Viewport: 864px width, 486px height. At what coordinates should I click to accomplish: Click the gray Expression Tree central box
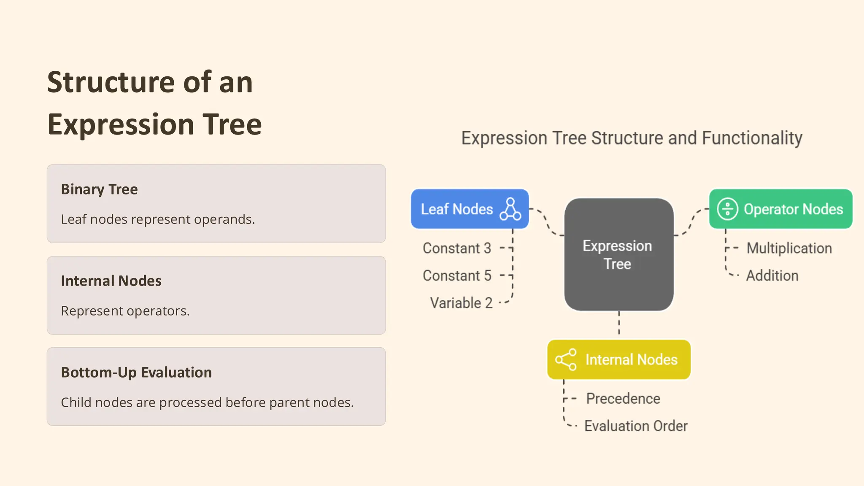618,254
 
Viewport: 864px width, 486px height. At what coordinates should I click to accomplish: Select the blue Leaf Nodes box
469,209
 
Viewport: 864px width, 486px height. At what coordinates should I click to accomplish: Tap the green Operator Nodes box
780,209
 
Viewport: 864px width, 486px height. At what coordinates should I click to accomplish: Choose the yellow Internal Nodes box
618,359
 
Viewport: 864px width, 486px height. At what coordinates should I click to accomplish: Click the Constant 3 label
457,248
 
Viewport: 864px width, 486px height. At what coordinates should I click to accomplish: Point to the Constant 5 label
457,275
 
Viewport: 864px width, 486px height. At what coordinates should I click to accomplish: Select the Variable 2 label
461,303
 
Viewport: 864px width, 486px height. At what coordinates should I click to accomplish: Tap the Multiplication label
789,248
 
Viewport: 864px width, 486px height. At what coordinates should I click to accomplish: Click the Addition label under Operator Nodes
772,275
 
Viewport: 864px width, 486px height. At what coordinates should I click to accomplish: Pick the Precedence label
623,398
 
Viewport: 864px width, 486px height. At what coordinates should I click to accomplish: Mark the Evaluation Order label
636,426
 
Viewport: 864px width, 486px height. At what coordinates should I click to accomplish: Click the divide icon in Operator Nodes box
727,209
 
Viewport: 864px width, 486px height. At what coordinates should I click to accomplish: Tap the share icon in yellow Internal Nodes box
566,359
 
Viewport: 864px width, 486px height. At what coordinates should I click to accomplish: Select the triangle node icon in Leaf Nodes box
510,209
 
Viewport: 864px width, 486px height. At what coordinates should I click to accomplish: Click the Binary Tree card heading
99,189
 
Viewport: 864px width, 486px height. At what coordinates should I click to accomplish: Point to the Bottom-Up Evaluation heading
136,372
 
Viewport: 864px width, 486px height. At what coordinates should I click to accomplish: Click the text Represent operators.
125,311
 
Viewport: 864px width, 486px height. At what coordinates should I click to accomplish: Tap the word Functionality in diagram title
752,138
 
